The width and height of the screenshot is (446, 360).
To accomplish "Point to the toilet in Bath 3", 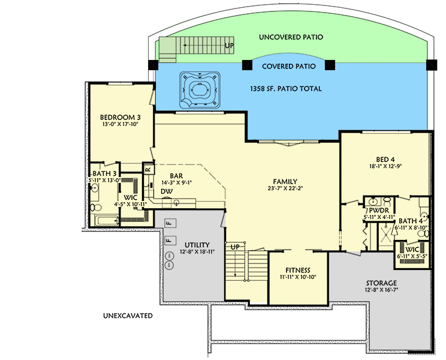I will (96, 207).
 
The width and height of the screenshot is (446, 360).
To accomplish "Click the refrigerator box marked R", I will (146, 170).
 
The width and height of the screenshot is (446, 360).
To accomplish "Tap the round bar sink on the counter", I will (177, 203).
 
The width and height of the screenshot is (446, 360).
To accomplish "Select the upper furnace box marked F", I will (170, 224).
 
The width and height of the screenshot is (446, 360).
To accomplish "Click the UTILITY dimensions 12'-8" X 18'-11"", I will (197, 253).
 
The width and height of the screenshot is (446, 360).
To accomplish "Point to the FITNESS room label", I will (297, 269).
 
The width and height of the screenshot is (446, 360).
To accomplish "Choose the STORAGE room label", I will (380, 283).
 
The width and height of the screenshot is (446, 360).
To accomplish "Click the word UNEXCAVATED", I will (127, 316).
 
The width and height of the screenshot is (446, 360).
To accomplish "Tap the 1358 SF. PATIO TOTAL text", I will (285, 89).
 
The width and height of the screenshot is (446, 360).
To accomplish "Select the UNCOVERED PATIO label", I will (291, 37).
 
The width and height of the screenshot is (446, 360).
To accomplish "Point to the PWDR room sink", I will (373, 201).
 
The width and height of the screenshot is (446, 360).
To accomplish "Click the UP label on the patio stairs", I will (229, 45).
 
